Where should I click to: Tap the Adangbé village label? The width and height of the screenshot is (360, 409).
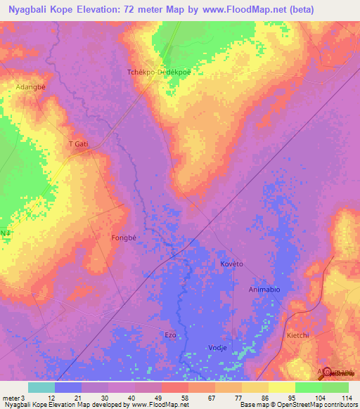click(x=30, y=86)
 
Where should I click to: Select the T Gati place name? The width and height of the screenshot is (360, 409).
click(x=79, y=144)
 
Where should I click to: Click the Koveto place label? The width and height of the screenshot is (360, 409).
click(x=231, y=264)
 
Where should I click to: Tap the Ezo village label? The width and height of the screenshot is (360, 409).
click(x=170, y=335)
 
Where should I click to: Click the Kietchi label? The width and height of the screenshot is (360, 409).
click(x=298, y=335)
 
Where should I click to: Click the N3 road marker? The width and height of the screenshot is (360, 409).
click(x=6, y=233)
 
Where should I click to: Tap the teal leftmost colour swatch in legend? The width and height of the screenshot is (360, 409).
click(x=41, y=387)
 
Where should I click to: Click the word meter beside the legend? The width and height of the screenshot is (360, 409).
click(x=11, y=398)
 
